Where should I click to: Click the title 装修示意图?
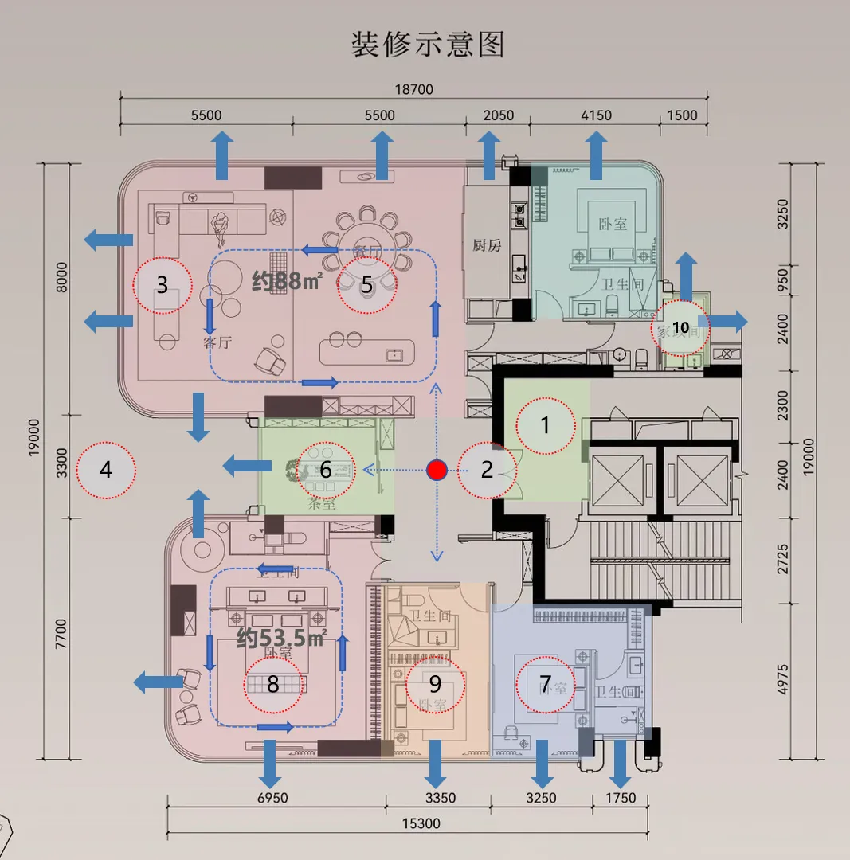[429, 45]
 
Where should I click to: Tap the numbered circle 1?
[546, 425]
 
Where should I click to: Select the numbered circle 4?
[106, 470]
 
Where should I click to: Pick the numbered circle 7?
[546, 682]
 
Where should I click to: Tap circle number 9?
[435, 683]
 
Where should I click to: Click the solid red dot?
[435, 470]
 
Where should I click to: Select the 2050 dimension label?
[499, 115]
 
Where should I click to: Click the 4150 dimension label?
[595, 115]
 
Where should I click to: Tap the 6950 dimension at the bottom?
[272, 798]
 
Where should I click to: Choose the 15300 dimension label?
[421, 823]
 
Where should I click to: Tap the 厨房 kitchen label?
[486, 245]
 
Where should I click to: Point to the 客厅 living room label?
[217, 344]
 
